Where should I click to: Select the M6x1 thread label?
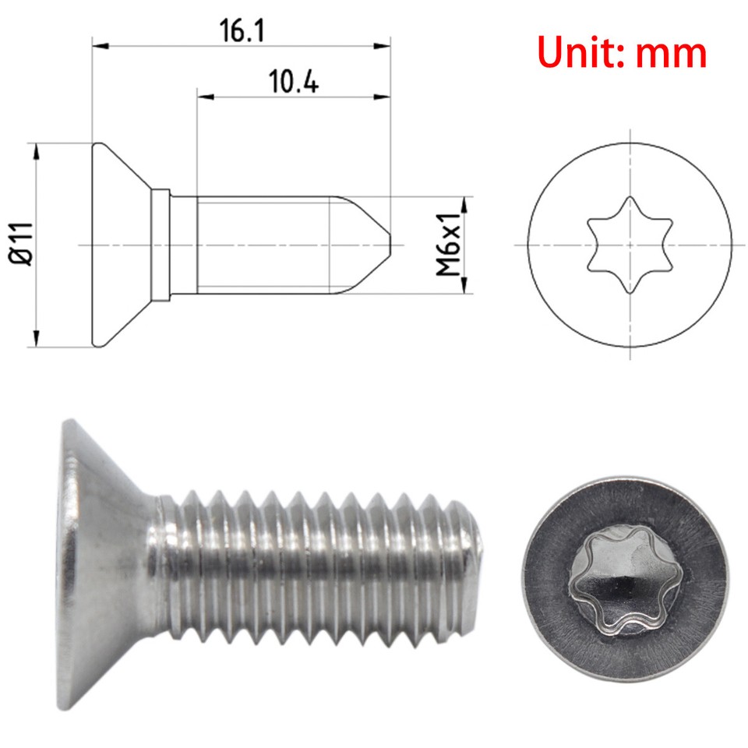[x=449, y=245]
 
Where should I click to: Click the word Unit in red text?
[x=580, y=52]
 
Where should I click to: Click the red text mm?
[x=671, y=52]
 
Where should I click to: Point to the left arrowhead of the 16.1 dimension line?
[x=98, y=46]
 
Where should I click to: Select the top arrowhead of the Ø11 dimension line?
[x=37, y=150]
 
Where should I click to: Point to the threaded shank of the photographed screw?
[x=312, y=561]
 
